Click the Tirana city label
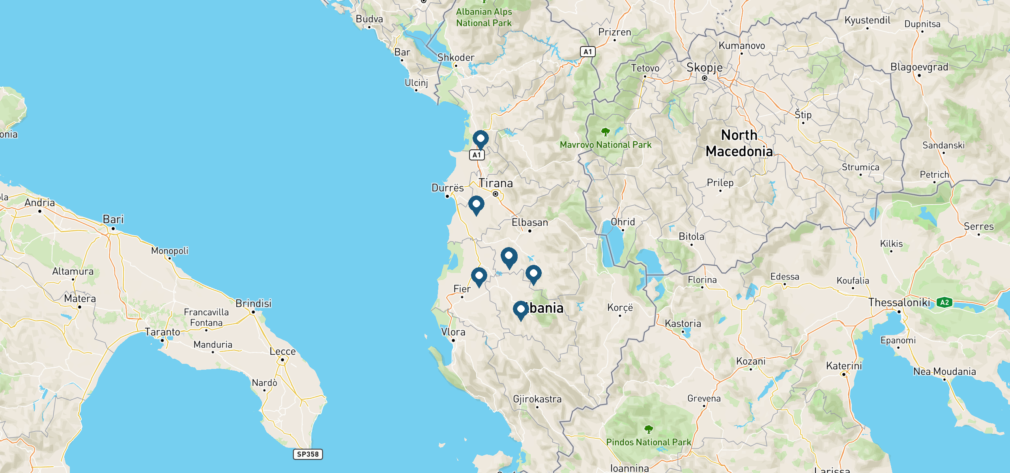[496, 183]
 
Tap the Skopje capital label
[705, 68]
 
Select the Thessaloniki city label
[899, 303]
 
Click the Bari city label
[113, 219]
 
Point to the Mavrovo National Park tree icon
[605, 132]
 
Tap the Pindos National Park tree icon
[648, 429]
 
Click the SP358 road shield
[308, 454]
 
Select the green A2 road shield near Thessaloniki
[945, 303]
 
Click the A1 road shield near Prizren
[587, 52]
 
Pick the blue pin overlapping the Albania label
[521, 310]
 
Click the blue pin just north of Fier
[479, 276]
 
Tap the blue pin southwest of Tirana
[476, 205]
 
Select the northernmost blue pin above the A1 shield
[481, 139]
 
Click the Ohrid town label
[623, 222]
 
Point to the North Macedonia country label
[739, 143]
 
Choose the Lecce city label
[282, 351]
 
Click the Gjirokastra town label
[537, 399]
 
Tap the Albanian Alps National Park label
[484, 17]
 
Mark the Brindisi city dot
[253, 312]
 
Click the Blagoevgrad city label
[919, 67]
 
